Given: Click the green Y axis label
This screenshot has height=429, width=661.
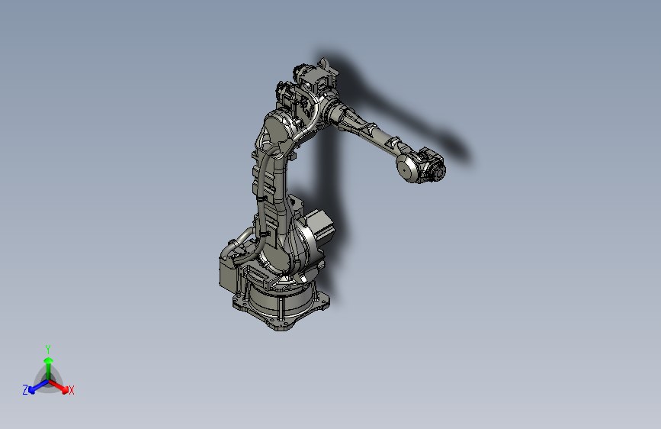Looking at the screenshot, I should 47,348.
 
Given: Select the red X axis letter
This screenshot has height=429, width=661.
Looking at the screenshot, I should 72,391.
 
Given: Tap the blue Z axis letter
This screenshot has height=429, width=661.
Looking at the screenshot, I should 25,389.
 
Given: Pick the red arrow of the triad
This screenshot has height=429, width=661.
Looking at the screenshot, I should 61,385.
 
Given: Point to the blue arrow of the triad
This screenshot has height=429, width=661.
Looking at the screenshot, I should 35,386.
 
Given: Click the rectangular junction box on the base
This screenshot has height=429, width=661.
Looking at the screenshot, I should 229,272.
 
